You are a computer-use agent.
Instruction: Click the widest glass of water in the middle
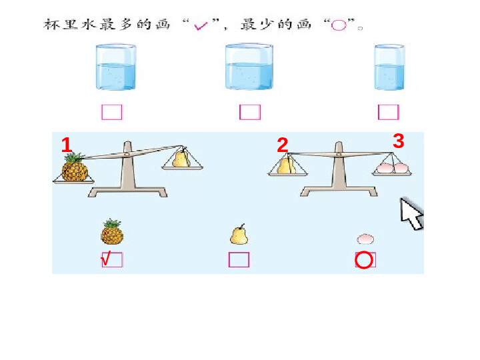click(x=249, y=67)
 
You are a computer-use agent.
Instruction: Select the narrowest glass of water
click(x=389, y=67)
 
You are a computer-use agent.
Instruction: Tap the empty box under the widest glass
click(x=250, y=112)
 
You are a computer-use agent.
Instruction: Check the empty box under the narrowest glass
click(x=389, y=112)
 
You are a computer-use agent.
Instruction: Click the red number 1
click(x=67, y=145)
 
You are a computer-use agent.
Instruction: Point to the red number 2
click(x=282, y=145)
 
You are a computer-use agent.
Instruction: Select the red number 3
click(x=398, y=141)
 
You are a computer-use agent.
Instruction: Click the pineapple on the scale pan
click(x=75, y=167)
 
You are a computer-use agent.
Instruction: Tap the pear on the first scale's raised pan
click(x=181, y=157)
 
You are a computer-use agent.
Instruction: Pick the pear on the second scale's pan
click(x=286, y=165)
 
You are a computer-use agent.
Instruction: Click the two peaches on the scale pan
click(x=393, y=168)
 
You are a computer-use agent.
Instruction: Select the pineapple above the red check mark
click(x=112, y=232)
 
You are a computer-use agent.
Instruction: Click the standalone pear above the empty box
click(x=239, y=235)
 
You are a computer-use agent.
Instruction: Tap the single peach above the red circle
click(x=365, y=239)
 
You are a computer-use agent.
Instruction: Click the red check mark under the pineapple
click(x=105, y=259)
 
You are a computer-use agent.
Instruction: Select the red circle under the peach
click(x=364, y=260)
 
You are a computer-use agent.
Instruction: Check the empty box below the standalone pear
click(x=239, y=259)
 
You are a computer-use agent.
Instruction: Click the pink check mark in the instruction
click(x=201, y=26)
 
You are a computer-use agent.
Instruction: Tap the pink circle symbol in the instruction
click(x=339, y=25)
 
